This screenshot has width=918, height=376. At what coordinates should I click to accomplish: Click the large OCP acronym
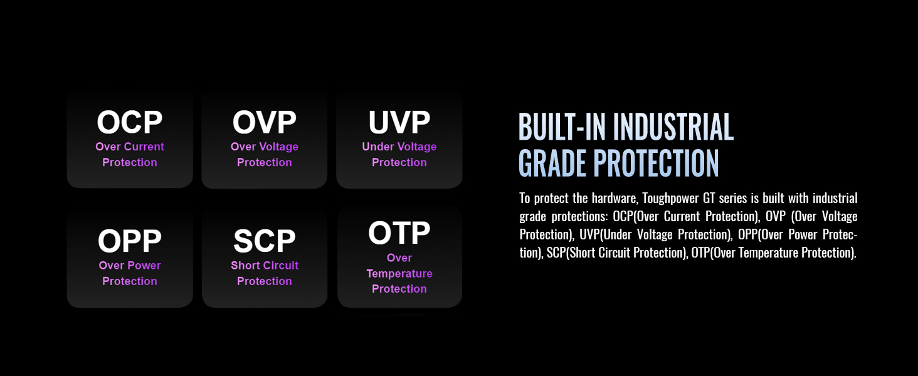[130, 122]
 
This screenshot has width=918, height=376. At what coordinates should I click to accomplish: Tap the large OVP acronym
[265, 122]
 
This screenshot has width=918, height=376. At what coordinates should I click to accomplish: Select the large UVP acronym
[399, 122]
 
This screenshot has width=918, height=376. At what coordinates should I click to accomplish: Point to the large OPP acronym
[130, 241]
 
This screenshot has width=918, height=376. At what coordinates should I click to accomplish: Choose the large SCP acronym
[265, 241]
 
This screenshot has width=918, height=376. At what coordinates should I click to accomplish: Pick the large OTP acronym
[399, 232]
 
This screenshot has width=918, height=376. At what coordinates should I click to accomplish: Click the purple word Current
[144, 147]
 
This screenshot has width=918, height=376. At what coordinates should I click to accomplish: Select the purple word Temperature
[399, 274]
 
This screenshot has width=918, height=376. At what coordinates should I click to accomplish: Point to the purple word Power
[145, 266]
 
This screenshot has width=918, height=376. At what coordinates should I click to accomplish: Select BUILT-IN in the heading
[562, 127]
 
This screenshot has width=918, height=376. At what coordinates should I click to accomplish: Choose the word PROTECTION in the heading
[656, 163]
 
